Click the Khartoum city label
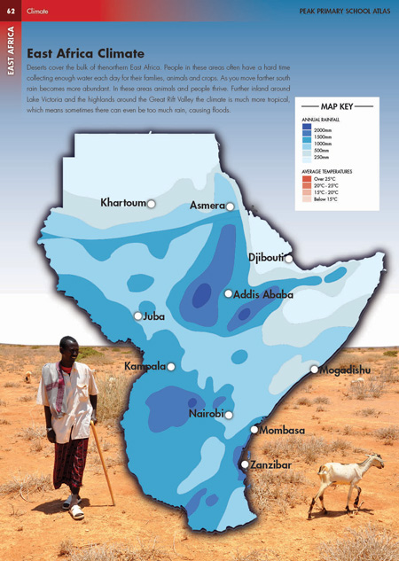coord(122,203)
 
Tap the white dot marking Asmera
coord(230,206)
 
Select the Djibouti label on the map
coord(265,258)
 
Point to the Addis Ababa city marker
coord(229,293)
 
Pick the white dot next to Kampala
coord(171,366)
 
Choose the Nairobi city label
coord(205,414)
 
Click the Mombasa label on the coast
coord(282,431)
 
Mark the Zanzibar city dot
coord(246,464)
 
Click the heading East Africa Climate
coord(85,53)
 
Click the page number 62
coord(10,10)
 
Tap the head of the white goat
coord(377,462)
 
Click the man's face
coord(68,349)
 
